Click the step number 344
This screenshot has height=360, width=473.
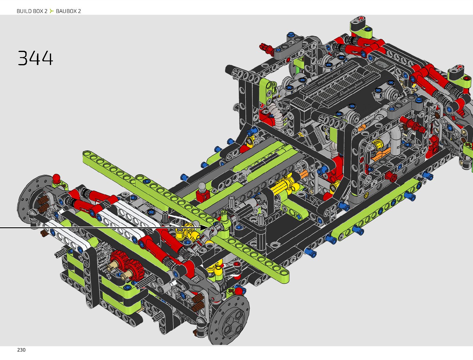click(x=35, y=58)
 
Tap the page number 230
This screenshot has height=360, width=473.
click(x=21, y=350)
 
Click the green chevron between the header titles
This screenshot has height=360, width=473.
click(x=51, y=11)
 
